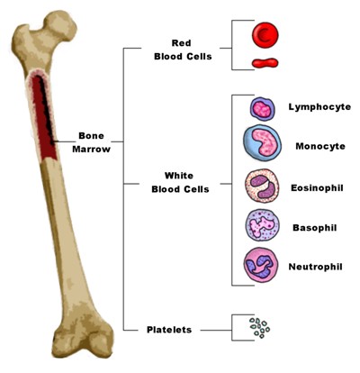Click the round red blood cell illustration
pos(265,34)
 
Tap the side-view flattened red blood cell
pos(265,63)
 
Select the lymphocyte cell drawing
pos(263,109)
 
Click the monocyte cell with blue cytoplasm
pos(262,142)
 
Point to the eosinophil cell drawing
pos(262,186)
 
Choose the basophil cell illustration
pos(262,225)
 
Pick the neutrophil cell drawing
pos(261,265)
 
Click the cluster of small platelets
pos(260,328)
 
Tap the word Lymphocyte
pos(319,107)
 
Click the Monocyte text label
pos(320,146)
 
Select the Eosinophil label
pos(317,188)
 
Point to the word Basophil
pos(315,228)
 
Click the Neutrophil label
pos(315,267)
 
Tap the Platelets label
pos(169,330)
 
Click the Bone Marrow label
pos(91,142)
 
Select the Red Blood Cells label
pos(183,50)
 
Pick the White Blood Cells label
pos(180,182)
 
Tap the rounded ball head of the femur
pos(60,24)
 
